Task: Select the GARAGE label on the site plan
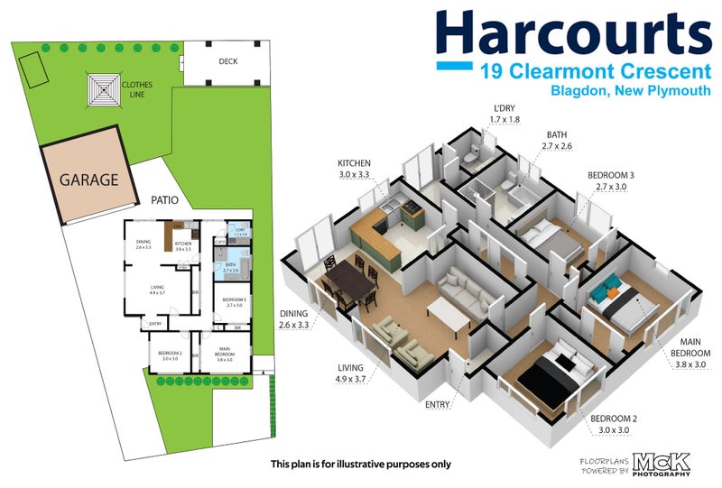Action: [x=88, y=180]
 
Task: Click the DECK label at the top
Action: [x=228, y=62]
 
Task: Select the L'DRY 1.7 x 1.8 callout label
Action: [x=504, y=114]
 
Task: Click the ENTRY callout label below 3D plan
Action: [x=439, y=405]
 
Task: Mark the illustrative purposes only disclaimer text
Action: [x=361, y=465]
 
